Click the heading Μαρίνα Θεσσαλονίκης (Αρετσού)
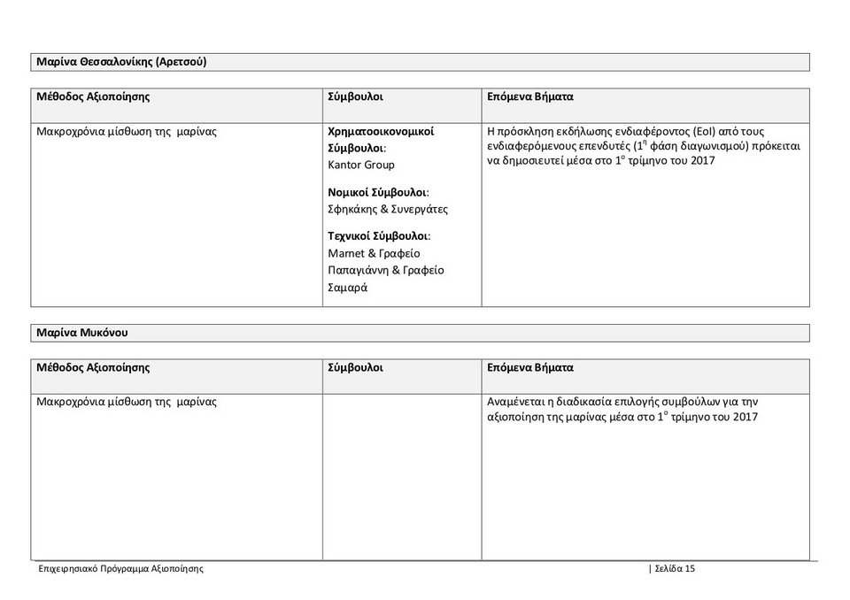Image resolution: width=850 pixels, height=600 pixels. click(x=121, y=62)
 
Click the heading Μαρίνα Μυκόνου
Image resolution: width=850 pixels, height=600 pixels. click(x=81, y=333)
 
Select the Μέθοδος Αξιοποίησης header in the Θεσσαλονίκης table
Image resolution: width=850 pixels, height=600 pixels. click(x=93, y=96)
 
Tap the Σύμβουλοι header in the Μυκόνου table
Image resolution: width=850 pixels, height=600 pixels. click(x=355, y=367)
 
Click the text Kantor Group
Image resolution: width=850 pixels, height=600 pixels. click(x=361, y=165)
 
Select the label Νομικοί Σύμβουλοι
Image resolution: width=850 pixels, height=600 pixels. click(x=378, y=192)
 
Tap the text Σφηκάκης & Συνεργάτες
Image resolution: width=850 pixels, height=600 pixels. click(x=388, y=209)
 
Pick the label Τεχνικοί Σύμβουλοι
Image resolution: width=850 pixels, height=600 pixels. click(x=379, y=236)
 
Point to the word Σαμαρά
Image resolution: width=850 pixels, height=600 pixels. click(x=348, y=287)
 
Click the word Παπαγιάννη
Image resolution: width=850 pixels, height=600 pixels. click(x=358, y=270)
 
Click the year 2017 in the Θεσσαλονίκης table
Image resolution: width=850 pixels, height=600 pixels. click(x=700, y=160)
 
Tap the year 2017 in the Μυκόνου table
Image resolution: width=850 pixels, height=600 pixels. click(x=745, y=417)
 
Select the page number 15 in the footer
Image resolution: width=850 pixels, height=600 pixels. click(x=690, y=569)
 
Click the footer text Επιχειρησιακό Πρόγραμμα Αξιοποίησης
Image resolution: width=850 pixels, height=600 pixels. click(x=121, y=569)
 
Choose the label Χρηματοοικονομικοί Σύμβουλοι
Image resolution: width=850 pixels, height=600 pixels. click(x=381, y=139)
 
